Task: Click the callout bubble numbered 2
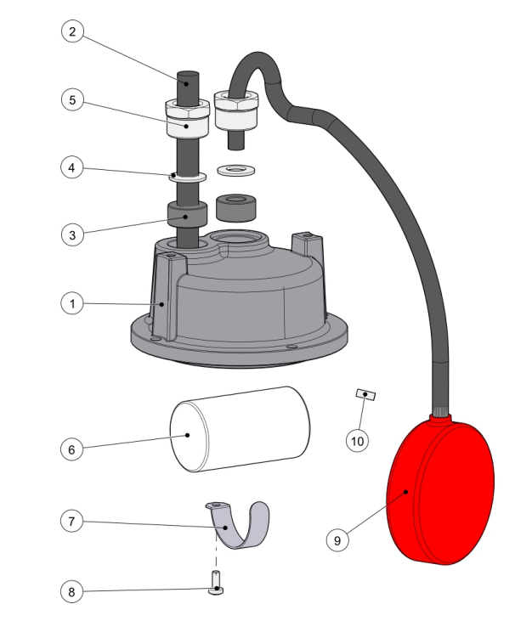point(72,31)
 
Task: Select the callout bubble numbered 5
point(72,99)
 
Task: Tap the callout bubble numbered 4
point(72,167)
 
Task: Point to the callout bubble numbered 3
point(72,234)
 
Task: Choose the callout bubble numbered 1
point(72,303)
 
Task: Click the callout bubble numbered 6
point(71,449)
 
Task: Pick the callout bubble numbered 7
point(71,521)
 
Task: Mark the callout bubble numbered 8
point(71,591)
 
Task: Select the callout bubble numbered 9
point(337,540)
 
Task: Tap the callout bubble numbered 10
point(358,441)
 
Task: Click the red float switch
point(440,489)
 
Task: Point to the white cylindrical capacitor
point(240,429)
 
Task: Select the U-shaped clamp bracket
point(237,525)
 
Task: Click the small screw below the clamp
point(216,583)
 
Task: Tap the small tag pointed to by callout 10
point(365,395)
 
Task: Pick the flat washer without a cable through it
point(236,169)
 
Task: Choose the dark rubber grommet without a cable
point(236,207)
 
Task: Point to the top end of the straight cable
point(188,74)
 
